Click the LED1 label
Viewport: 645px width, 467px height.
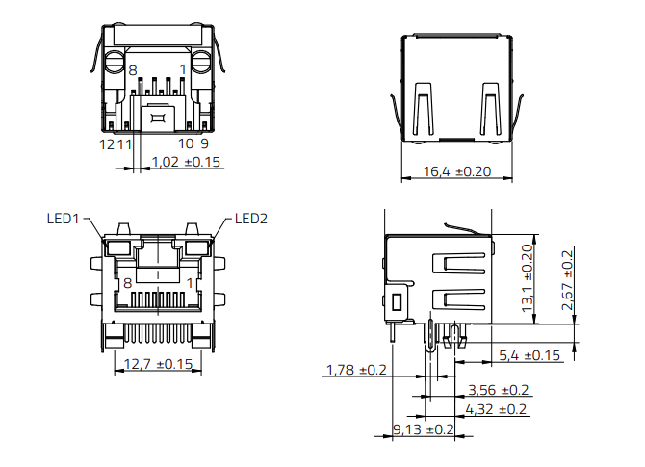click(64, 219)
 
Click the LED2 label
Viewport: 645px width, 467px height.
click(251, 219)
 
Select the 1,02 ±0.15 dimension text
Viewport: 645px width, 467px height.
click(187, 162)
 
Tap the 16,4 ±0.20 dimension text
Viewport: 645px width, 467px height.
click(457, 171)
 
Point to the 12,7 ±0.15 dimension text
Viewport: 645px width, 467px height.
click(159, 364)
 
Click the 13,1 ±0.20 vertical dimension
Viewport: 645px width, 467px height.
click(527, 276)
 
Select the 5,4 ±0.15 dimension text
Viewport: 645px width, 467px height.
click(529, 355)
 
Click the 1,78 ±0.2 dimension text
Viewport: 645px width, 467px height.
click(356, 370)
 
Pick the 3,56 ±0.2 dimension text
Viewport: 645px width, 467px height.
click(498, 390)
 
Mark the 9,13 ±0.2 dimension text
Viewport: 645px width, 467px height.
click(423, 428)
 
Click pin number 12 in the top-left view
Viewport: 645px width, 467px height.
click(108, 143)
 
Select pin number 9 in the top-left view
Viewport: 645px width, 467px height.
click(204, 143)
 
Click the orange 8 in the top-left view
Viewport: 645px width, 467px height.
click(132, 70)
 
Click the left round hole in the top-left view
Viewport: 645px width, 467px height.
click(116, 66)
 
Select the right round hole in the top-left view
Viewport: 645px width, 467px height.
click(200, 66)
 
